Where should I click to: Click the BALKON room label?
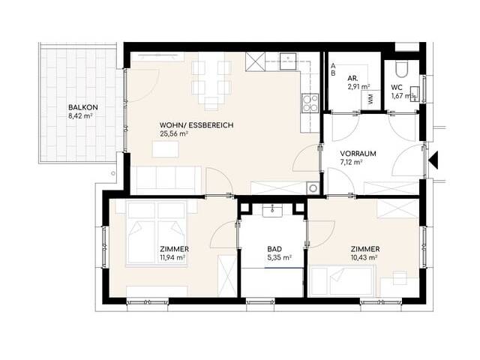click(83, 107)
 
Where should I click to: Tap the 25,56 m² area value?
click(173, 133)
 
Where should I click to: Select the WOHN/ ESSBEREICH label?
click(196, 125)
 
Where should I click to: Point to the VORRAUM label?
click(358, 154)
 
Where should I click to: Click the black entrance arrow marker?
click(433, 160)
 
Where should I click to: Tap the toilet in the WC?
click(401, 68)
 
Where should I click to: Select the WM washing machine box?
click(371, 99)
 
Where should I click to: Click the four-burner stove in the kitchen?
click(310, 103)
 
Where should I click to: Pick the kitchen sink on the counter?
click(288, 61)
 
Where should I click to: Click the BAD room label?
click(274, 249)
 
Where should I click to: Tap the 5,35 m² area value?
click(279, 258)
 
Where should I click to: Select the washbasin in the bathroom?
click(272, 211)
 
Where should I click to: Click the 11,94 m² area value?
click(172, 258)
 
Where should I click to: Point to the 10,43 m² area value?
click(364, 258)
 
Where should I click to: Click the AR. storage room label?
click(352, 78)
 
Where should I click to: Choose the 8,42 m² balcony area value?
click(80, 116)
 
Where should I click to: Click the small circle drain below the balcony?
click(113, 173)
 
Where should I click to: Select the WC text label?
click(397, 88)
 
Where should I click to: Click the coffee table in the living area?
click(165, 149)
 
